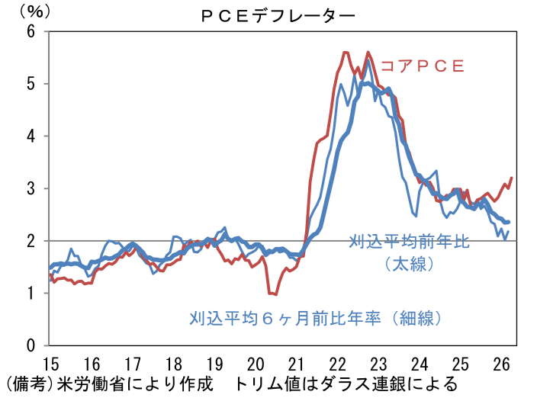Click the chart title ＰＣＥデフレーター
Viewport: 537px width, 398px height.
pyautogui.click(x=278, y=16)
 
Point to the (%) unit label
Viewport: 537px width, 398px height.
pyautogui.click(x=34, y=12)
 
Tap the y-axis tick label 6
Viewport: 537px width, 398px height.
pyautogui.click(x=31, y=31)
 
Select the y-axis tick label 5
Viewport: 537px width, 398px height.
pyautogui.click(x=31, y=84)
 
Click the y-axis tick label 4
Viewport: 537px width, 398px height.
pyautogui.click(x=31, y=136)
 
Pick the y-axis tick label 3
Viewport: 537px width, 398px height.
pyautogui.click(x=31, y=188)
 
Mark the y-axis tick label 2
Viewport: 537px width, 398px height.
pyautogui.click(x=31, y=241)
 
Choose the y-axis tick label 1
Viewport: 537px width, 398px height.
pyautogui.click(x=31, y=294)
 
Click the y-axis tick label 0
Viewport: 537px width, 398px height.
pyautogui.click(x=31, y=345)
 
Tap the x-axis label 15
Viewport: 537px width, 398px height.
pyautogui.click(x=50, y=364)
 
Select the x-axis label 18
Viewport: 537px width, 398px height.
pyautogui.click(x=174, y=364)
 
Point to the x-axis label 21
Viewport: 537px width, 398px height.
pyautogui.click(x=296, y=364)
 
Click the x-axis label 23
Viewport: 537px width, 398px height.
pyautogui.click(x=378, y=364)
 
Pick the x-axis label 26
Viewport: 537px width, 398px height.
pyautogui.click(x=501, y=364)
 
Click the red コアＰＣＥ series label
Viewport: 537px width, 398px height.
pyautogui.click(x=423, y=66)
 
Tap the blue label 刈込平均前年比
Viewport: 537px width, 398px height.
pyautogui.click(x=410, y=242)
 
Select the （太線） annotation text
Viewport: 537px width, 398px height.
pyautogui.click(x=410, y=264)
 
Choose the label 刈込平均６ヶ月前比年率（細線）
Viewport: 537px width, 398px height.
pyautogui.click(x=316, y=318)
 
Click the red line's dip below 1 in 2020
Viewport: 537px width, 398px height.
pyautogui.click(x=273, y=294)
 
